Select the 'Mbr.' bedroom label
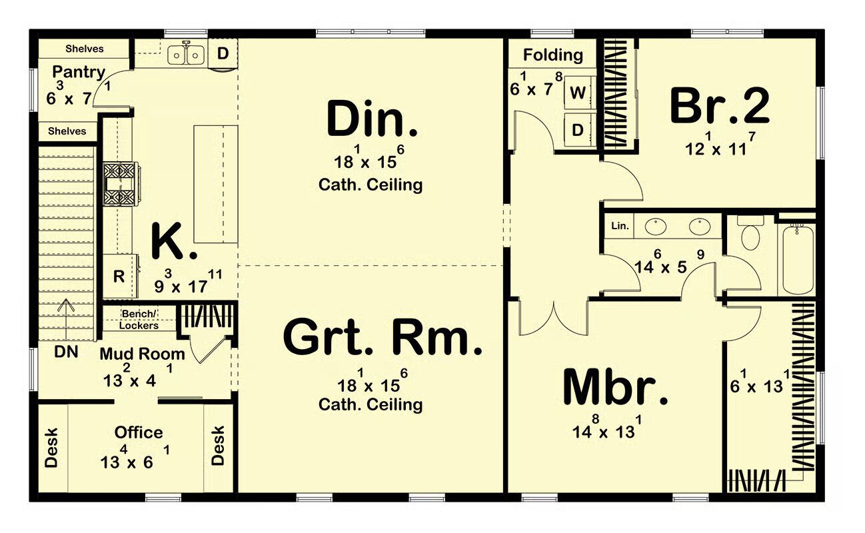[616, 387]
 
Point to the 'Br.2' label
[720, 105]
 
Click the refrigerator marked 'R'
[120, 276]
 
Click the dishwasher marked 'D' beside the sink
[223, 53]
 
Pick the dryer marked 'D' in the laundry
[578, 131]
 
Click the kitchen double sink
[186, 55]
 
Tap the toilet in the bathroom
[750, 233]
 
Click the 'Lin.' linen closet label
[620, 226]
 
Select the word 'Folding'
[553, 55]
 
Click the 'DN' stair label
[66, 352]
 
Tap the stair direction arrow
[66, 320]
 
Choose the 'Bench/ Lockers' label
[139, 320]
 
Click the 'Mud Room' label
[143, 354]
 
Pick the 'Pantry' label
[79, 73]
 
